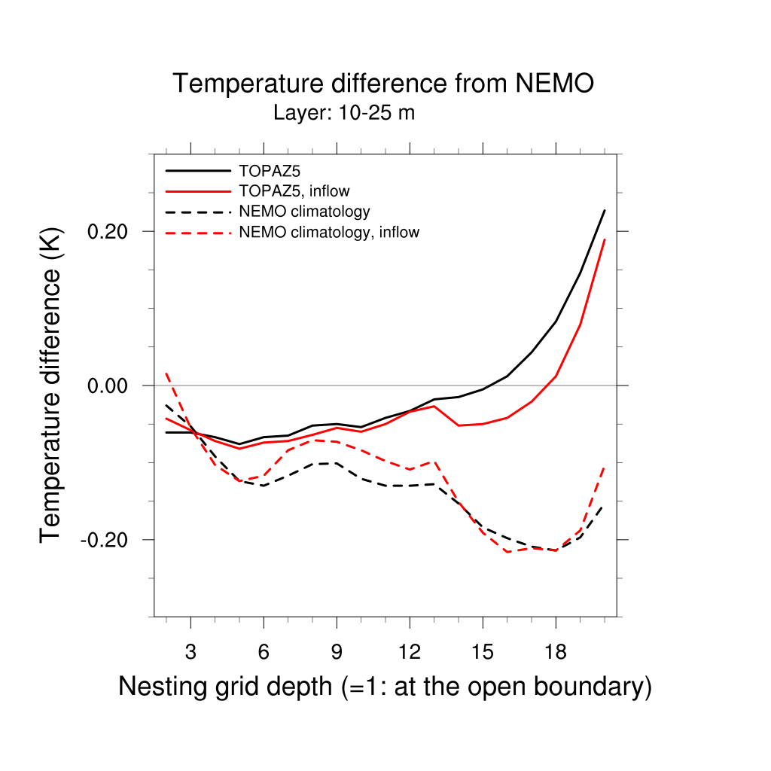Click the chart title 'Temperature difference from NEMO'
coord(383,84)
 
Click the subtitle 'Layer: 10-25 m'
coord(344,114)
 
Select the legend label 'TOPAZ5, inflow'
coord(294,190)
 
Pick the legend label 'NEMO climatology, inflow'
coord(328,232)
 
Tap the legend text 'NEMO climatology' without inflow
coord(303,211)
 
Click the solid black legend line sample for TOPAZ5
coord(197,170)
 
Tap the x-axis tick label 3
coord(190,652)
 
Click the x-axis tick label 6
coord(264,652)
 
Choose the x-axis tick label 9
coord(337,652)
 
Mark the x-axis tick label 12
coord(410,652)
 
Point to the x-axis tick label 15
coord(483,652)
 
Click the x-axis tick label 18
coord(556,652)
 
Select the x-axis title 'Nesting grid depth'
coord(384,687)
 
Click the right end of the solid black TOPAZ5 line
coord(605,211)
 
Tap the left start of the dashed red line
coord(166,373)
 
